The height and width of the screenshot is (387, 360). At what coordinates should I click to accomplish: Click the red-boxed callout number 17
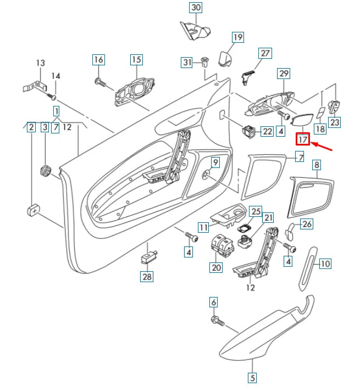[x=303, y=139]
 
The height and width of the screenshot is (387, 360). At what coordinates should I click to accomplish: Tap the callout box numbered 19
[x=237, y=37]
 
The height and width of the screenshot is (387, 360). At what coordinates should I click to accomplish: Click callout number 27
[x=265, y=53]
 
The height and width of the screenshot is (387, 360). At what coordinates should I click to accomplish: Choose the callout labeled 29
[x=284, y=73]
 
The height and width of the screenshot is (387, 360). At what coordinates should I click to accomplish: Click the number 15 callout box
[x=136, y=59]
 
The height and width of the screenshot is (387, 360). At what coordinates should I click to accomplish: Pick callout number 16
[x=98, y=59]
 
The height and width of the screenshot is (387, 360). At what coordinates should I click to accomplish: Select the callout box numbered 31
[x=187, y=63]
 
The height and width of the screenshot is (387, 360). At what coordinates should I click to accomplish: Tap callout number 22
[x=267, y=131]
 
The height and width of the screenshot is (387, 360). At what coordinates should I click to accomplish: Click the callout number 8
[x=316, y=164]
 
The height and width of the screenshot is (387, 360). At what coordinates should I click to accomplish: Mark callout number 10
[x=325, y=263]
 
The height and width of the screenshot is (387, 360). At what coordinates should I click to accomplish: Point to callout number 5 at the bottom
[x=252, y=378]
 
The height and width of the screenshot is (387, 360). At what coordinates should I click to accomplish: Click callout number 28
[x=147, y=276]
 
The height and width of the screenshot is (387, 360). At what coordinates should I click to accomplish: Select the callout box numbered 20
[x=215, y=268]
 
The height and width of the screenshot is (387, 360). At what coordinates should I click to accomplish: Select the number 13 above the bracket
[x=40, y=63]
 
